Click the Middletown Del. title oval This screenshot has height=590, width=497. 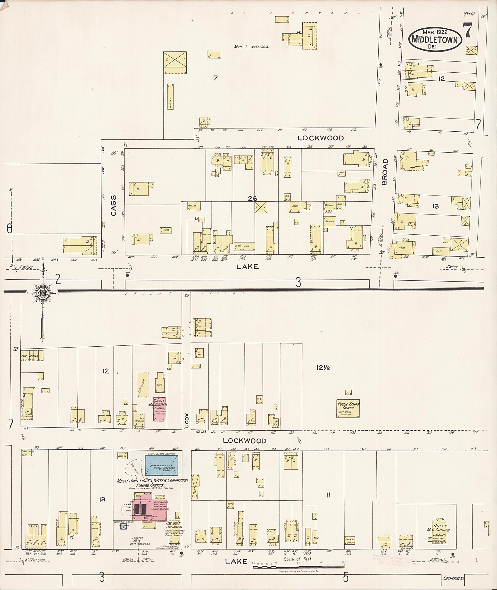[435, 40]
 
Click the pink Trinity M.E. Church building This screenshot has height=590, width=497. [159, 409]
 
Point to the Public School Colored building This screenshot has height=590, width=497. [348, 408]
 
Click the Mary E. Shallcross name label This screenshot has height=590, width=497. [251, 47]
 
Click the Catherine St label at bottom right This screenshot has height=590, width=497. [453, 578]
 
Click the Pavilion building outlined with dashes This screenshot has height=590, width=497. [142, 385]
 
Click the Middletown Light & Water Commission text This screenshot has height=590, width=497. [152, 480]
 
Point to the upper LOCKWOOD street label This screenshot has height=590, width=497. [321, 138]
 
